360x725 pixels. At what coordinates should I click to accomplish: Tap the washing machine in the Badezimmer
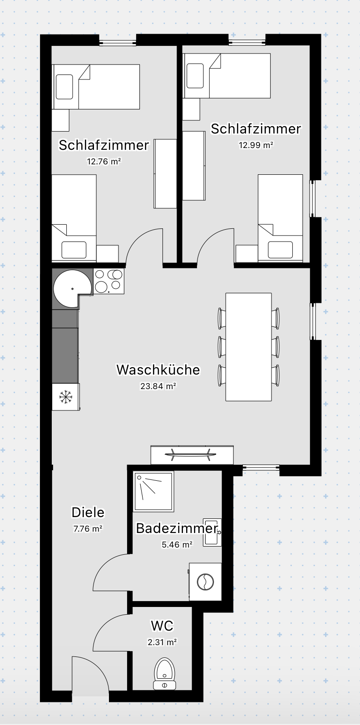[x=205, y=582]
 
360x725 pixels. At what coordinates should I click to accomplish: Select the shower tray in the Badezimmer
[x=153, y=491]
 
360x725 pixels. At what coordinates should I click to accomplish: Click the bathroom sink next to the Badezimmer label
[x=212, y=532]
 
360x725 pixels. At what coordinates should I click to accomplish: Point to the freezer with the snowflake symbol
[x=66, y=397]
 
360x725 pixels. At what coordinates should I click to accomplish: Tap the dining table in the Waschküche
[x=248, y=347]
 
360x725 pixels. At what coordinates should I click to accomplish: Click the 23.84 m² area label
[x=158, y=386]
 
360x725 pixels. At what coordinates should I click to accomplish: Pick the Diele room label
[x=88, y=513]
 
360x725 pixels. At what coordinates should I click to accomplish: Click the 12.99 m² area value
[x=256, y=145]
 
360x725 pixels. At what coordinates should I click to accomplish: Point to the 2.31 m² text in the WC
[x=162, y=642]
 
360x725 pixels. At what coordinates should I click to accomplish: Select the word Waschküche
[x=158, y=370]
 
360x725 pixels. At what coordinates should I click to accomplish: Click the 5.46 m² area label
[x=177, y=544]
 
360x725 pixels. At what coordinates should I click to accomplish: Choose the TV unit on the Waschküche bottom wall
[x=192, y=454]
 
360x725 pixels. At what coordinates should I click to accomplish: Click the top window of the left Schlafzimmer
[x=118, y=43]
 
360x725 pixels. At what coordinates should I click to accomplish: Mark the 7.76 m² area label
[x=88, y=528]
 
